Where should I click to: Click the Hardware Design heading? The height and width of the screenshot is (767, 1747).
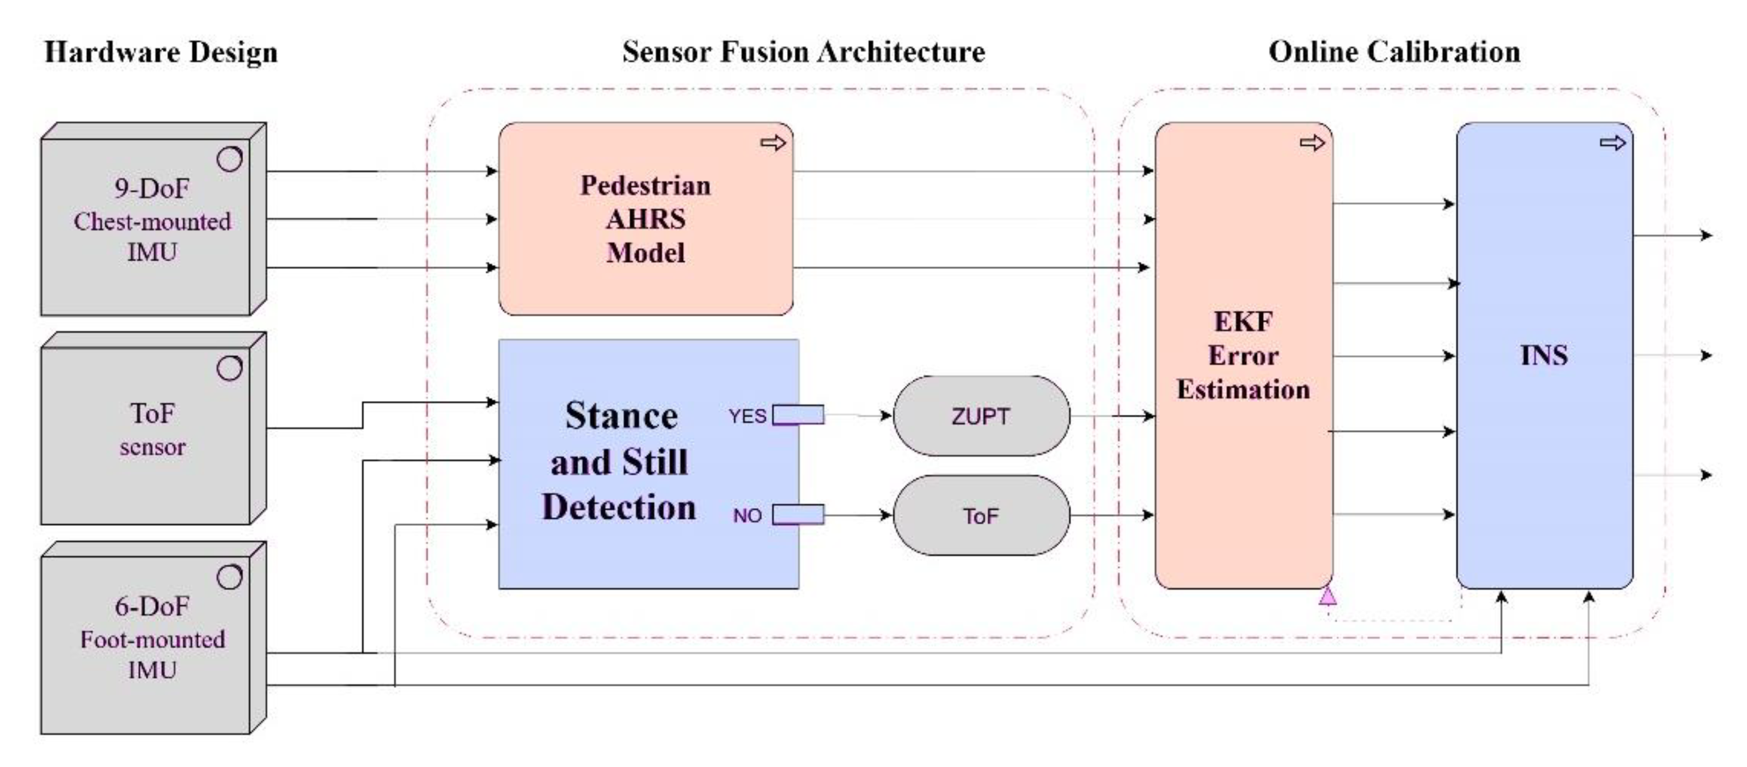[x=160, y=52]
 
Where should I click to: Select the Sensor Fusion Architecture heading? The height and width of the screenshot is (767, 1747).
[x=803, y=52]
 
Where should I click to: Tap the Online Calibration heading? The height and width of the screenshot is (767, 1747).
[x=1394, y=52]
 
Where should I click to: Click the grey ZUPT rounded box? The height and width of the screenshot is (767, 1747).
[x=981, y=416]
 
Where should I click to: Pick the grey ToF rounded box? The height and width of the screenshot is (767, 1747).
[x=981, y=516]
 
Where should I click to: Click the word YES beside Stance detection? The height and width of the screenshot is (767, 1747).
[x=746, y=416]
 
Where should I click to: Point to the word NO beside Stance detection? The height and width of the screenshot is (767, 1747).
[x=746, y=516]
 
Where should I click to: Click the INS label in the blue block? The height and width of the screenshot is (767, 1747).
[x=1543, y=356]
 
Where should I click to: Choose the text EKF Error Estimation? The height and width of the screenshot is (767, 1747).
[x=1243, y=356]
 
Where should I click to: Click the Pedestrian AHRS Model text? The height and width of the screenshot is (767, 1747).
[x=645, y=219]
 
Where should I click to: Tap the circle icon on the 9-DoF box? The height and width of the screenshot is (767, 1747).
[x=229, y=159]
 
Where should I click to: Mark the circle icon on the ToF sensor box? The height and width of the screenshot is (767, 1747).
[x=229, y=368]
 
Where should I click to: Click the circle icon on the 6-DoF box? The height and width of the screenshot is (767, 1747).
[x=229, y=576]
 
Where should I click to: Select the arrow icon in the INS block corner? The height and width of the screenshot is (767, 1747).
[x=1612, y=143]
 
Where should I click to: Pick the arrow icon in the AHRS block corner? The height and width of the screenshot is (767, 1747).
[x=772, y=143]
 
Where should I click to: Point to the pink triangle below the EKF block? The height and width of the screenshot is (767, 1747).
[x=1327, y=596]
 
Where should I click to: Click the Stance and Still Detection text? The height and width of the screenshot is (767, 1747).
[x=619, y=462]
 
